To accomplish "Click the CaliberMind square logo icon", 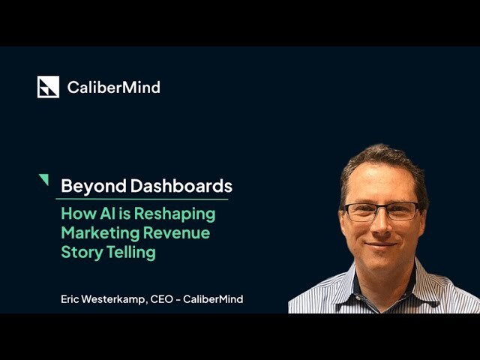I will (48, 87).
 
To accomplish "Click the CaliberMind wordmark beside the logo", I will (113, 87).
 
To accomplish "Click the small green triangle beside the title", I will (43, 179).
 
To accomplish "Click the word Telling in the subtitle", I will (130, 253).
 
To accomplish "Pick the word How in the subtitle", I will (76, 214).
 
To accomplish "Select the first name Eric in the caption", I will (70, 299).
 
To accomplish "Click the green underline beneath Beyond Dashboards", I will (142, 199).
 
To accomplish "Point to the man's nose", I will (381, 226).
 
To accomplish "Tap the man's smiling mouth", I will (381, 244).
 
